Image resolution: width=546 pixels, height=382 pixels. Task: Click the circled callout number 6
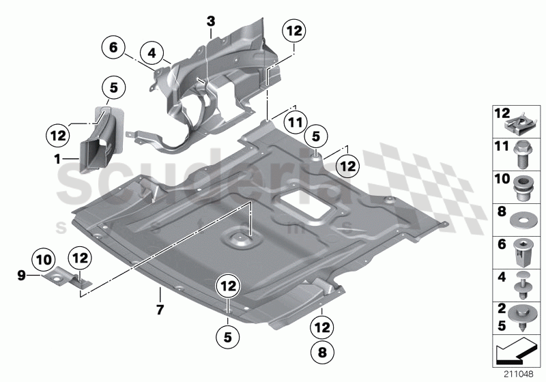click(x=113, y=48)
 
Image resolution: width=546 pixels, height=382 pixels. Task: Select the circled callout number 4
click(x=152, y=52)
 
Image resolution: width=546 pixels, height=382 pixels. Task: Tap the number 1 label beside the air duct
click(x=58, y=158)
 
